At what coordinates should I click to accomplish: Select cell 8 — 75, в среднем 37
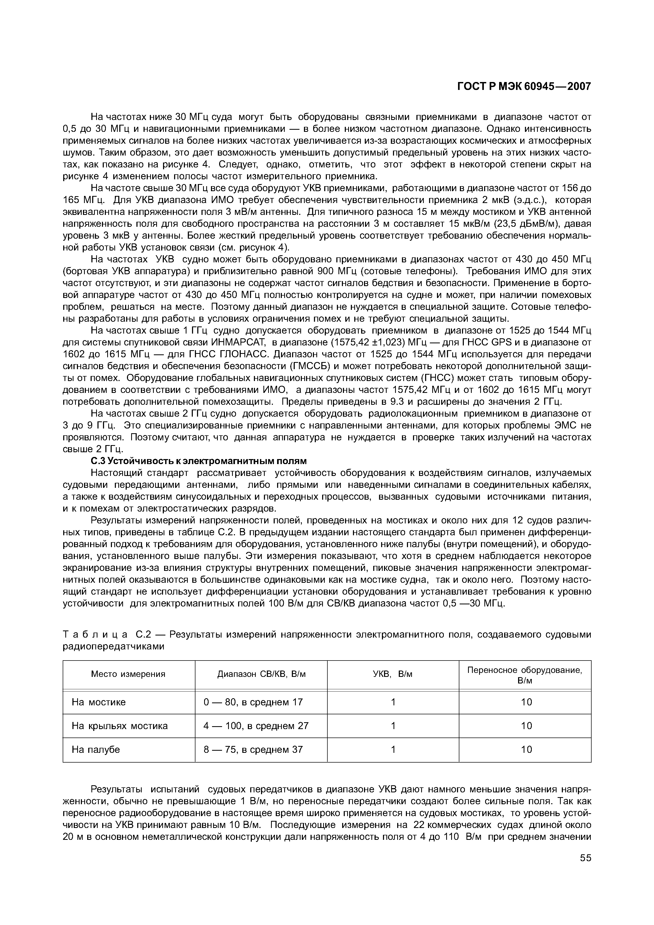click(x=253, y=750)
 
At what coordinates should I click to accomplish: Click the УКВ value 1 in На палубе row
click(x=393, y=750)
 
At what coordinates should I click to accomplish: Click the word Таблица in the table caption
click(x=95, y=635)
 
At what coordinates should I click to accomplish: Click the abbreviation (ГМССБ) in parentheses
click(x=311, y=366)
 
